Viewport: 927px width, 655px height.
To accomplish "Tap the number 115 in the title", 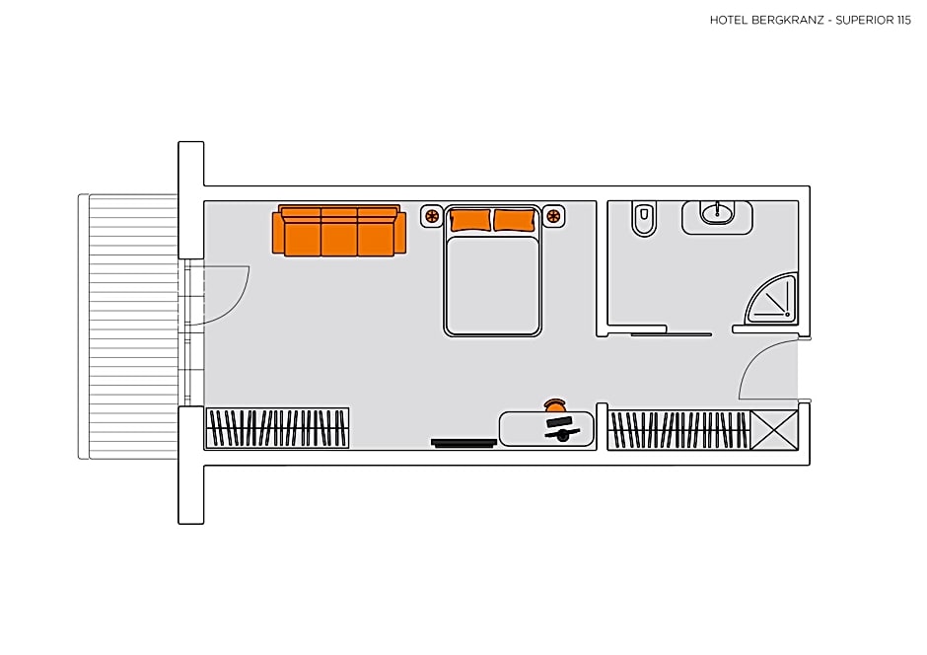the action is tap(904, 20).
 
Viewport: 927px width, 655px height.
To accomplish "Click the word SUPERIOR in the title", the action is tap(865, 20).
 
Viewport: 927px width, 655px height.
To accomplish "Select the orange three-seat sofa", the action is tap(339, 231).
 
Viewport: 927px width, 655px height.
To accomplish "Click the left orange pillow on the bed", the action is tap(470, 220).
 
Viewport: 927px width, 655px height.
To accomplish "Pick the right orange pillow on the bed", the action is tap(515, 220).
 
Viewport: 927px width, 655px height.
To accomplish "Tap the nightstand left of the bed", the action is tap(432, 216).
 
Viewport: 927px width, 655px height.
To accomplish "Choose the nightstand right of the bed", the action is tap(554, 216).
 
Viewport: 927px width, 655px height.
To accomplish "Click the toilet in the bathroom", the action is tap(644, 218).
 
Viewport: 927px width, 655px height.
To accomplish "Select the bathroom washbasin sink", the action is tap(718, 213).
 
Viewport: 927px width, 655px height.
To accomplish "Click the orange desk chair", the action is tap(555, 405).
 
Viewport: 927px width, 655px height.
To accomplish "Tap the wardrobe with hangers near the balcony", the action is tap(277, 428).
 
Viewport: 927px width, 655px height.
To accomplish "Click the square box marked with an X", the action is tap(774, 430).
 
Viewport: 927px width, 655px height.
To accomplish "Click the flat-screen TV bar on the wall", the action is tap(463, 443).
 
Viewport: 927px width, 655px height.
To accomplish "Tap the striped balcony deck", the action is tap(133, 327).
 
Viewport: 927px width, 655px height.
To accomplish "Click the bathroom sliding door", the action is tap(671, 335).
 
